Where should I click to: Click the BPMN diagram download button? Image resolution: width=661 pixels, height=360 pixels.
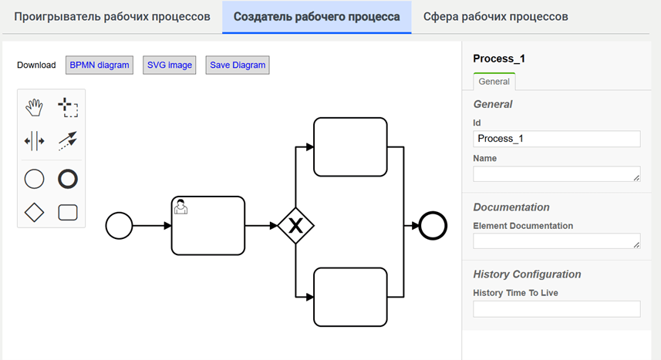tap(99, 65)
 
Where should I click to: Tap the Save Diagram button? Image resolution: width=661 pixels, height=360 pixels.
tap(238, 65)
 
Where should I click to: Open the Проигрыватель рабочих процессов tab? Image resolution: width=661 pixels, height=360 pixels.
tap(112, 16)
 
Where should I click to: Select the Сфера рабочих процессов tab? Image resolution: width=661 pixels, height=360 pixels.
tap(496, 16)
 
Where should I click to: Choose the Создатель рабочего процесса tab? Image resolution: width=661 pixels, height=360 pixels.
tap(316, 16)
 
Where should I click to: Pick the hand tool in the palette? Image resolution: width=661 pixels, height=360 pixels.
tap(34, 107)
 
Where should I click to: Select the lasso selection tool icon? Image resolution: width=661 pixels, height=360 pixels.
tap(68, 107)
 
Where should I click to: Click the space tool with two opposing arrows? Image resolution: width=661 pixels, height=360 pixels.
tap(34, 141)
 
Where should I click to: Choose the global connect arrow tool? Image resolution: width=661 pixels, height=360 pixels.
tap(68, 141)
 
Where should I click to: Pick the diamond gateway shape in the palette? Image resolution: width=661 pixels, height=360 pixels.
tap(34, 213)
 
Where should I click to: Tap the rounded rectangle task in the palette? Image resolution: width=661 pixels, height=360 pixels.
tap(68, 213)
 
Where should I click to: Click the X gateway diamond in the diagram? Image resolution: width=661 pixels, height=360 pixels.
tap(296, 226)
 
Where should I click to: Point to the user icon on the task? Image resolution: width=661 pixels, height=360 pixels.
tap(180, 207)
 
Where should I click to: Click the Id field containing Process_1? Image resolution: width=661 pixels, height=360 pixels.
tap(556, 139)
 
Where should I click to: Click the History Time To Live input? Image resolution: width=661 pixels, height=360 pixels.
tap(556, 309)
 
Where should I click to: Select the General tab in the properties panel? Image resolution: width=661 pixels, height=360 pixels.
tap(494, 82)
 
